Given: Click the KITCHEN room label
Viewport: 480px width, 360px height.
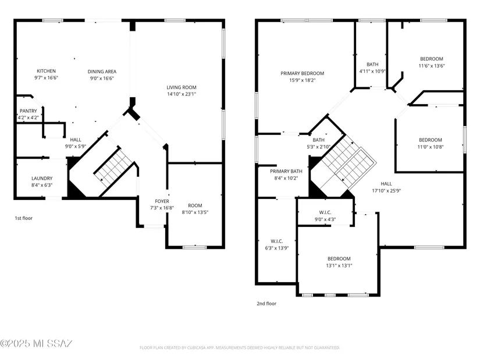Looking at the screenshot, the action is coord(46,71).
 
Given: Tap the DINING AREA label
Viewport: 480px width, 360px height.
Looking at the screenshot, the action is coord(102,72).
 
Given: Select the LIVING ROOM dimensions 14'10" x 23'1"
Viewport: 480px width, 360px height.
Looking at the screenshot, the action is coord(182,94).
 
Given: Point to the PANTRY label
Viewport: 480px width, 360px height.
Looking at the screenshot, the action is coord(28,111).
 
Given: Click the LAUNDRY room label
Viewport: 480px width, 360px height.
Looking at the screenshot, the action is coord(42,178).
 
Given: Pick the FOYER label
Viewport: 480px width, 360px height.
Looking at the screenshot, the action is coord(162,201).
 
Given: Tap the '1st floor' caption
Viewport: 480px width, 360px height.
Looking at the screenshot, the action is coord(24,218).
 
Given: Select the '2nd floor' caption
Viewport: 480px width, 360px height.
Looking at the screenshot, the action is coord(266,304).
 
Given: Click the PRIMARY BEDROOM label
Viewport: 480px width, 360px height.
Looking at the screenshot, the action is coord(302,73).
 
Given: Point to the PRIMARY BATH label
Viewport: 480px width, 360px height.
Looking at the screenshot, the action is coord(286,171).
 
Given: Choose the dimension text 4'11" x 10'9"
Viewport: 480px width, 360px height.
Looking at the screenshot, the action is coord(372,72).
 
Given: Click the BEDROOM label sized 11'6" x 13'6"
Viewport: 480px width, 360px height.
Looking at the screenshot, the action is coord(431,59).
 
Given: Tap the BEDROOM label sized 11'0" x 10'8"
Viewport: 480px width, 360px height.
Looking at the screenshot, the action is coord(431,140).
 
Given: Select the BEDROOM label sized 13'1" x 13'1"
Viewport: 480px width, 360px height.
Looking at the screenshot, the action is coord(339,259).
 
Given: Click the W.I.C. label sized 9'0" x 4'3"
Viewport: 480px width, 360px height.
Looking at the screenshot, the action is coord(325,212).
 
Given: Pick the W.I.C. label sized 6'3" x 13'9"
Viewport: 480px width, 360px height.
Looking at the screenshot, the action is coord(277,241).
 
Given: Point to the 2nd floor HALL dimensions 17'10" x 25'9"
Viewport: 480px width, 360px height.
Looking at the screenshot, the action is coord(386,190).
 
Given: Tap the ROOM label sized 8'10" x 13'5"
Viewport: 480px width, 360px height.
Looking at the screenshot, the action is coord(195,205).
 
